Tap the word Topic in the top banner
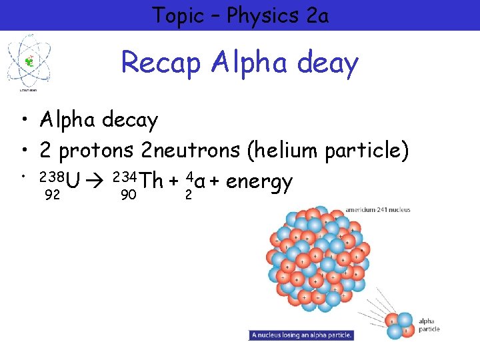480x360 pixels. click(177, 15)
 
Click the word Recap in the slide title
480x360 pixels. click(162, 63)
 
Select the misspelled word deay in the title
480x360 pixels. click(326, 64)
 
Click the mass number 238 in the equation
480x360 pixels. click(51, 177)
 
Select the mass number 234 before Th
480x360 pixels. click(126, 177)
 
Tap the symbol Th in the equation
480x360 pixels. click(152, 181)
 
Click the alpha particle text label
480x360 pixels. click(429, 325)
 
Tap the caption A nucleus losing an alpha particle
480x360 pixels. click(301, 335)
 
